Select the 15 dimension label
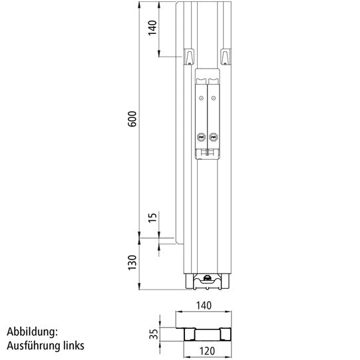coord(152,219)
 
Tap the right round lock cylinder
coord(213,137)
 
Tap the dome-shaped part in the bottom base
coord(208,278)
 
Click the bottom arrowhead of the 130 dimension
coord(139,287)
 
